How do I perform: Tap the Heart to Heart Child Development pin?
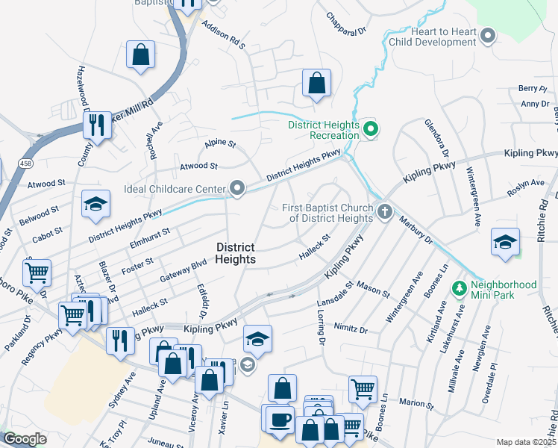[x=489, y=36]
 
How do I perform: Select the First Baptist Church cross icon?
[x=384, y=212]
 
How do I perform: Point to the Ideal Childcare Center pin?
[x=237, y=189]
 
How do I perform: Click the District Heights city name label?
[x=236, y=253]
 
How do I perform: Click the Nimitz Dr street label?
[x=353, y=329]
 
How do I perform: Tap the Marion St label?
[x=416, y=404]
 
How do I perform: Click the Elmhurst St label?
[x=149, y=236]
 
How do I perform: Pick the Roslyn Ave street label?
[x=526, y=183]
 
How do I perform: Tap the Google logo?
[x=25, y=439]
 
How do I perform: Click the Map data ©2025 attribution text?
[x=526, y=442]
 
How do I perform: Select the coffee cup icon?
[x=280, y=419]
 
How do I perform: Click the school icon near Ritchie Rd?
[x=506, y=243]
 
